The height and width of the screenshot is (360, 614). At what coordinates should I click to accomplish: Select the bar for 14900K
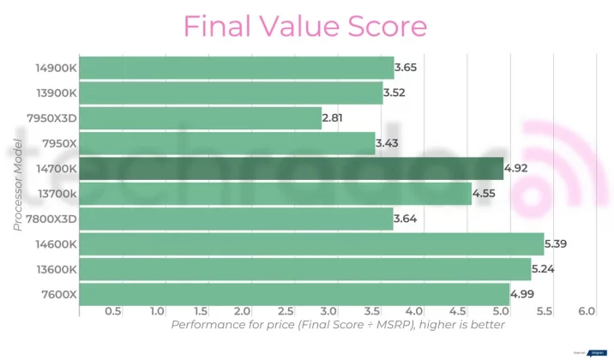[x=236, y=68]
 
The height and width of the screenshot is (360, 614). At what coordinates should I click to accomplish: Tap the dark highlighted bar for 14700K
[x=291, y=168]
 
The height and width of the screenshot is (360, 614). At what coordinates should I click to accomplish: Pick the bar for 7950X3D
[x=200, y=118]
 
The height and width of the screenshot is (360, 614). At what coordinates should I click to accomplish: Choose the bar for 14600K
[x=311, y=244]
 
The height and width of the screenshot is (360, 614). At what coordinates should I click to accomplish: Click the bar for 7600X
[x=294, y=294]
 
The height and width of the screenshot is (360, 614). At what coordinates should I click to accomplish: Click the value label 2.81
[x=335, y=118]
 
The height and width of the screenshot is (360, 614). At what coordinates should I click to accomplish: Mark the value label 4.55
[x=485, y=194]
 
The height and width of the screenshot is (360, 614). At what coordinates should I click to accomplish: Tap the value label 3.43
[x=388, y=143]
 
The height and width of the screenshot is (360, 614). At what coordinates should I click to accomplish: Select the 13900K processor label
[x=55, y=93]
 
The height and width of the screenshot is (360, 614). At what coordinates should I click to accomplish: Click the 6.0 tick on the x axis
[x=587, y=310]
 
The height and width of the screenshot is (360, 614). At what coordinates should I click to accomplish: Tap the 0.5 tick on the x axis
[x=112, y=310]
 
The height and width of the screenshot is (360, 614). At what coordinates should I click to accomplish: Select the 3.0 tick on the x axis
[x=328, y=310]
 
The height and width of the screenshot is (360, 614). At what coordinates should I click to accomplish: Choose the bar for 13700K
[x=274, y=194]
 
